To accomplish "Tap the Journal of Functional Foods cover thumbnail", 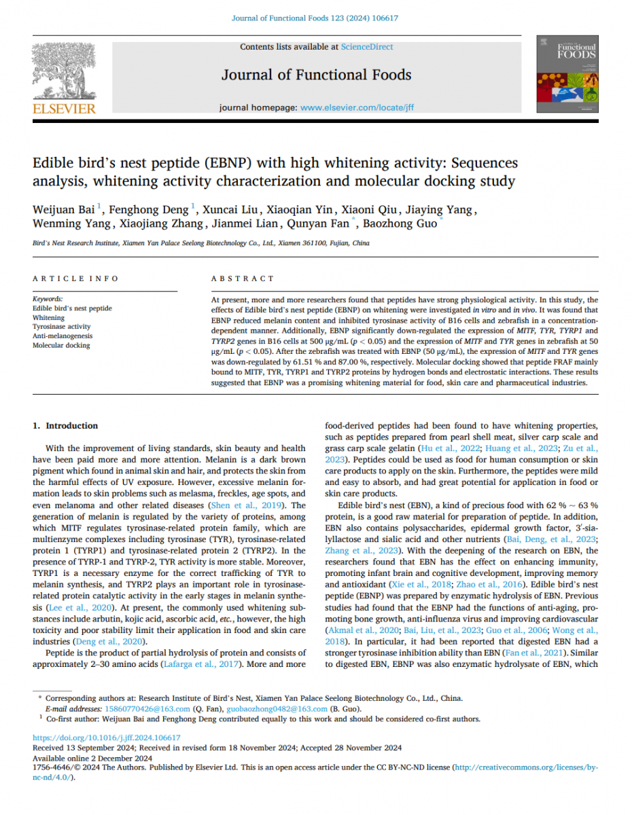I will [x=567, y=75].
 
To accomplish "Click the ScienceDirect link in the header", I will [x=367, y=47].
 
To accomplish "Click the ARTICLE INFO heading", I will [x=75, y=278].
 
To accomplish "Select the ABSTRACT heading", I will [x=243, y=278].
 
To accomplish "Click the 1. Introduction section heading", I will [x=66, y=426].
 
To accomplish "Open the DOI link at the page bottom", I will [x=107, y=738].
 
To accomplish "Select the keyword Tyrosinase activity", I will [x=61, y=327].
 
